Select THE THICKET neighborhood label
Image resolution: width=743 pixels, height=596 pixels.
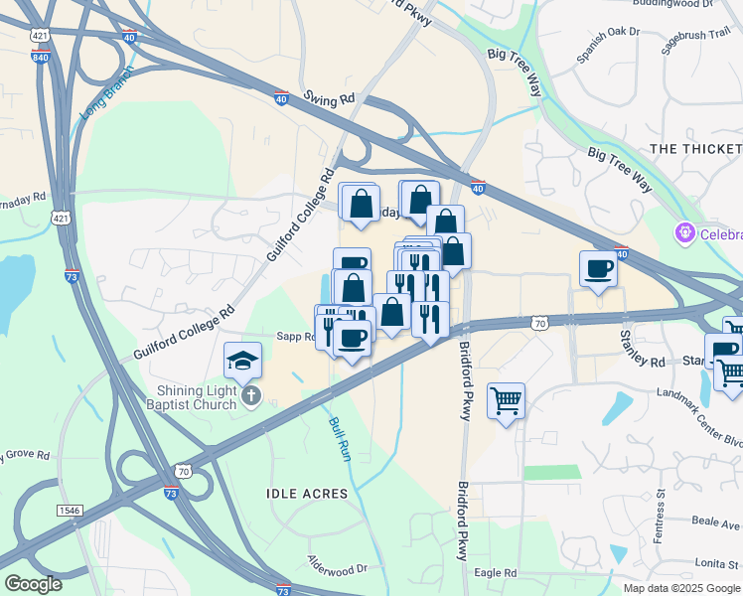695,149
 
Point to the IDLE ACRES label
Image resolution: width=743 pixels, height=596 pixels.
307,494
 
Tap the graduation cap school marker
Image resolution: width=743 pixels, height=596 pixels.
242,361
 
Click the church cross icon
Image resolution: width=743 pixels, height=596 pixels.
251,398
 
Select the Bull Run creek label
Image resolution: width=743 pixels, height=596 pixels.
340,438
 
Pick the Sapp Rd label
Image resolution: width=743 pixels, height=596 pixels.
295,337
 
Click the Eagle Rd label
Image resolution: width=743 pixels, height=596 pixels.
496,573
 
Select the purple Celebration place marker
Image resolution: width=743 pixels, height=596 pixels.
683,234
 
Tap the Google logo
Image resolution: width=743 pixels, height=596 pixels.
33,584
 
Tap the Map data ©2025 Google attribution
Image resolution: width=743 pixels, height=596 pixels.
681,588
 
